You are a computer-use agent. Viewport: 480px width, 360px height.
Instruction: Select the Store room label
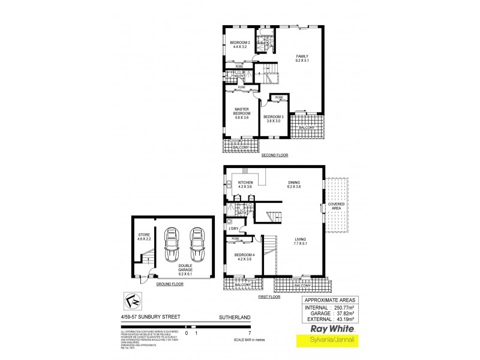click(143, 237)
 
